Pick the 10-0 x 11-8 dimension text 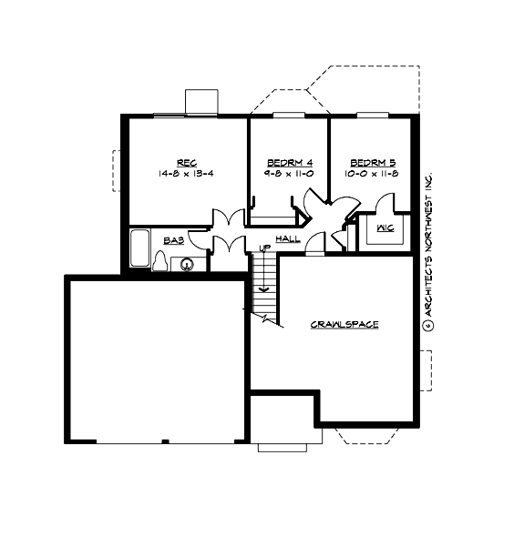(x=374, y=172)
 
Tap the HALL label (x=287, y=238)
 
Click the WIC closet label (x=385, y=227)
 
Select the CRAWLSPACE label (x=344, y=324)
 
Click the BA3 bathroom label (x=173, y=240)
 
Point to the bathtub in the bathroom (x=139, y=248)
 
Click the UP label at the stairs (x=264, y=248)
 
